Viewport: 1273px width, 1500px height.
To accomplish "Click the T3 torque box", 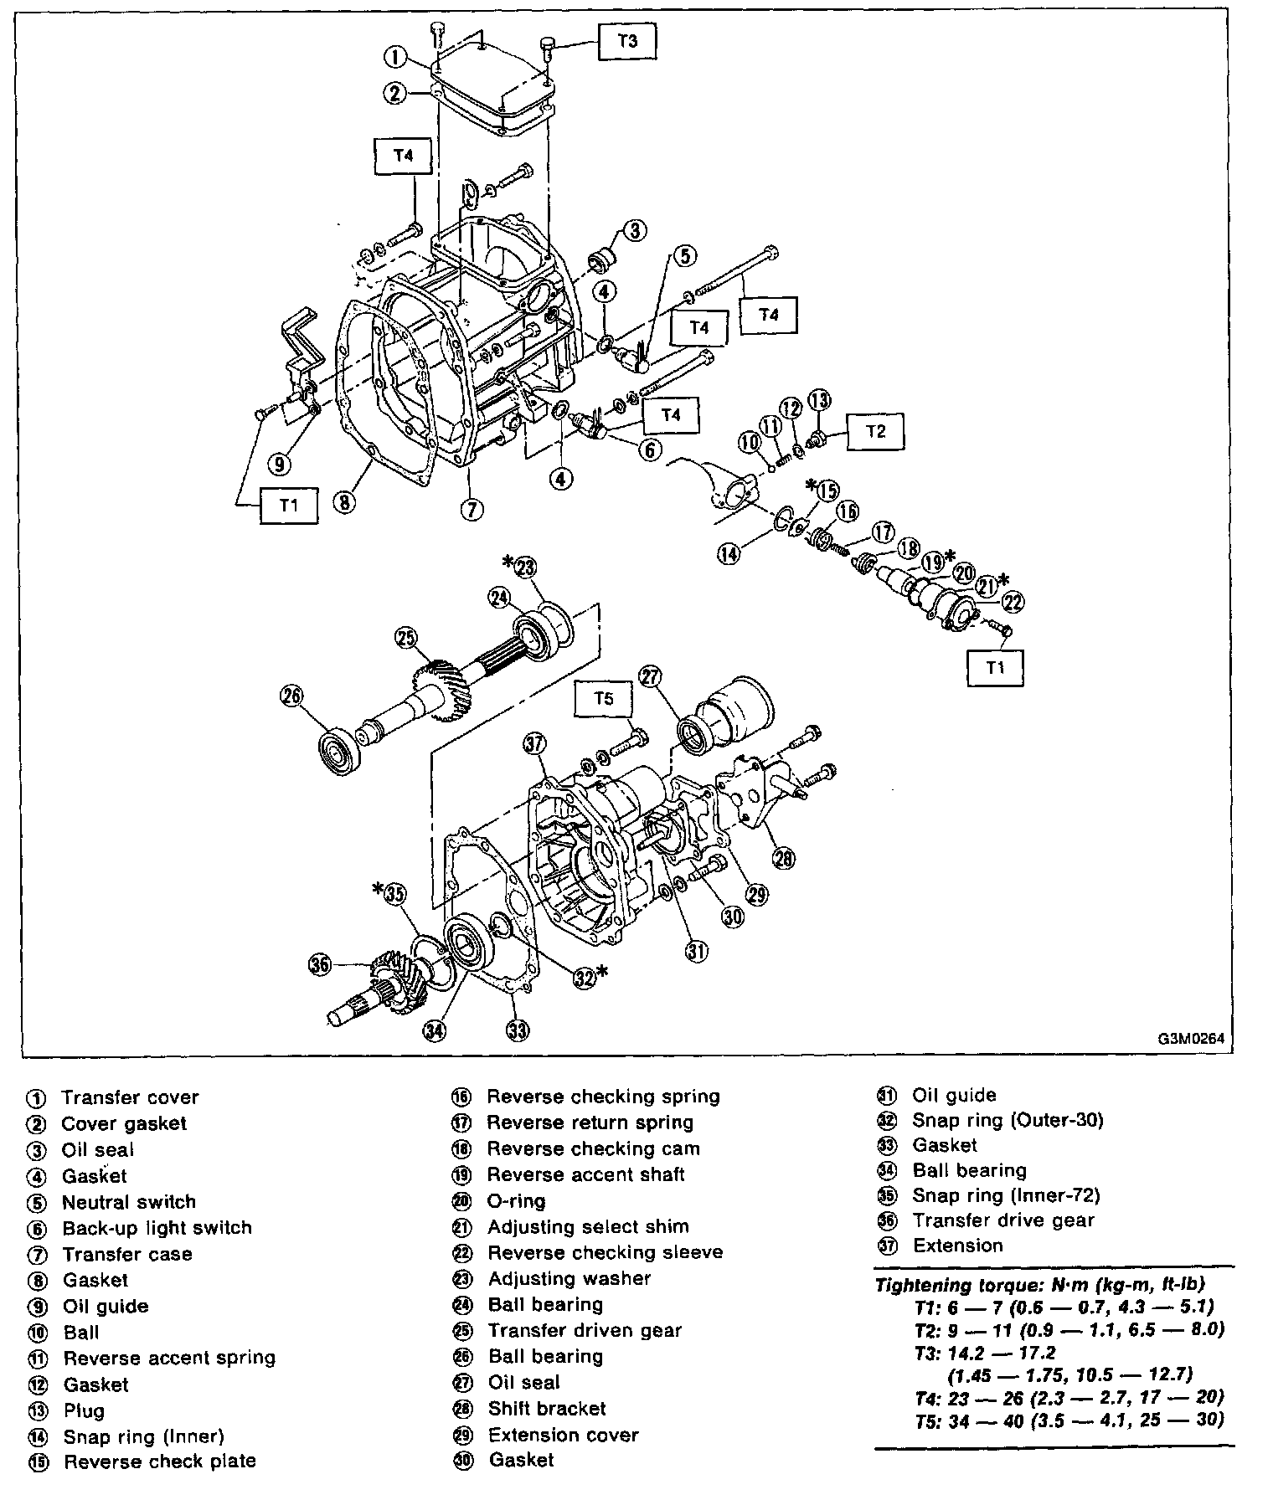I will tap(627, 40).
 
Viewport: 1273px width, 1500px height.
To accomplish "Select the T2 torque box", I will tap(875, 432).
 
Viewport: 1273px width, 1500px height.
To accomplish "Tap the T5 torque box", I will tap(604, 699).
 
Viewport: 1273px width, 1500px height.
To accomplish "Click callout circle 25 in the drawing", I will tap(407, 640).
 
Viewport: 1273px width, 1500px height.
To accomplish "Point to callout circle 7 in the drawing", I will tap(472, 508).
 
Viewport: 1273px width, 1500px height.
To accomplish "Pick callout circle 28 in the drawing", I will tap(784, 858).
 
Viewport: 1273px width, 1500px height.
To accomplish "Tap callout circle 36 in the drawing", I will tap(320, 965).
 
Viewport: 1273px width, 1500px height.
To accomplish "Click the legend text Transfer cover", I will tap(130, 1097).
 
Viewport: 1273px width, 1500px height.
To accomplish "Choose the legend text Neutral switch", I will tap(128, 1202).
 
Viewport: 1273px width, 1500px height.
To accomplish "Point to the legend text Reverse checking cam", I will tap(593, 1148).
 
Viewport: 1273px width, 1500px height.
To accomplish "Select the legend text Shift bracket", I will tap(547, 1409).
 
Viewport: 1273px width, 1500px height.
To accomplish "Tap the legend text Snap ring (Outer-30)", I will tap(1008, 1120).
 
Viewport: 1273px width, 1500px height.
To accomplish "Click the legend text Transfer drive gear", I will tap(1003, 1220).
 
